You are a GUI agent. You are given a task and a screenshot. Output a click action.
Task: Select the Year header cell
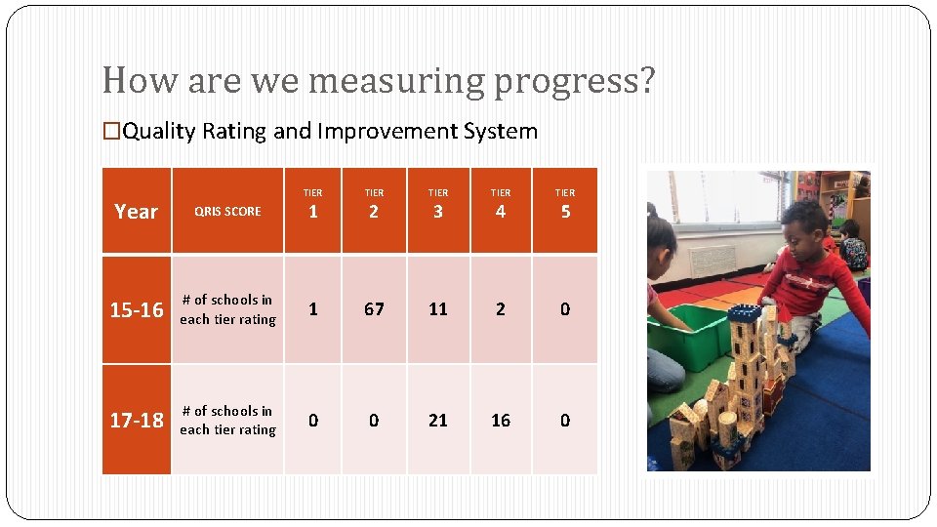(136, 211)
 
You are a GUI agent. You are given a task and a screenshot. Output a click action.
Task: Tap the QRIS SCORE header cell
(227, 211)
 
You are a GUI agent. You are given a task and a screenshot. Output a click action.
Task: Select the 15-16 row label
(137, 310)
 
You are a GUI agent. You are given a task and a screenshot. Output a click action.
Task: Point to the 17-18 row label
(137, 421)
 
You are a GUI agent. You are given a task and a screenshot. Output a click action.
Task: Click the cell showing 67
(374, 309)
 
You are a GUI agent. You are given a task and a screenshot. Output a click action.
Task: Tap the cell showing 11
(438, 309)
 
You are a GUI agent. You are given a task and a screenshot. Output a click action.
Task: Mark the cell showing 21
(438, 420)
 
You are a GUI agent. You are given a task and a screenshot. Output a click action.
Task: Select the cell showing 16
(501, 420)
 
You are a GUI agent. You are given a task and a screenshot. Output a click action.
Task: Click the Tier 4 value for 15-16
(501, 309)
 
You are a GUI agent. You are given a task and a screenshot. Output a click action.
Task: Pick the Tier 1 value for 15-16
(312, 309)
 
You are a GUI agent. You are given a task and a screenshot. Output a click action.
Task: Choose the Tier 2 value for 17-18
(374, 420)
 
